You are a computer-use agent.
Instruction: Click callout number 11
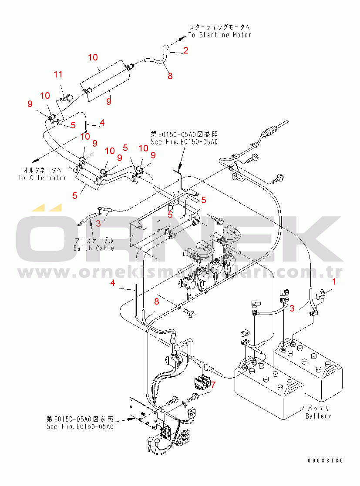click(58, 74)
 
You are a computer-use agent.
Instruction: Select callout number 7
click(213, 384)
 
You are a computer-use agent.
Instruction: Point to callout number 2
click(186, 50)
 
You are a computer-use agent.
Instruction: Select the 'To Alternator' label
click(42, 178)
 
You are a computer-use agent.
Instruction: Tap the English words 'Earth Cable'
click(94, 248)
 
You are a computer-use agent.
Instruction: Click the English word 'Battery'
click(318, 416)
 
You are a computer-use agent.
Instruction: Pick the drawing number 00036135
click(325, 460)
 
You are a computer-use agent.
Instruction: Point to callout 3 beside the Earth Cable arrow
click(98, 224)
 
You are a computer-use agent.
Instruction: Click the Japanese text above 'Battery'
click(319, 409)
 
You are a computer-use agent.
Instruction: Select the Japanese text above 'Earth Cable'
click(94, 241)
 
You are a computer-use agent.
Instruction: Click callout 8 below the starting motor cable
click(170, 76)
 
